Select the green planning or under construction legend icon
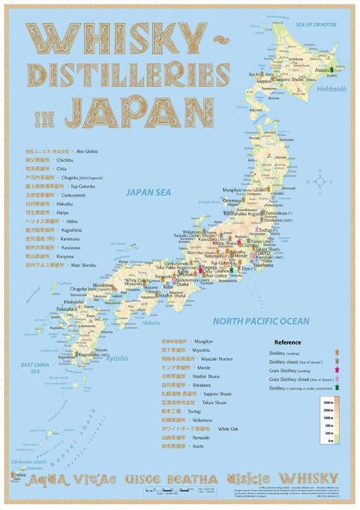336,388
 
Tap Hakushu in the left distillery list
64,202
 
